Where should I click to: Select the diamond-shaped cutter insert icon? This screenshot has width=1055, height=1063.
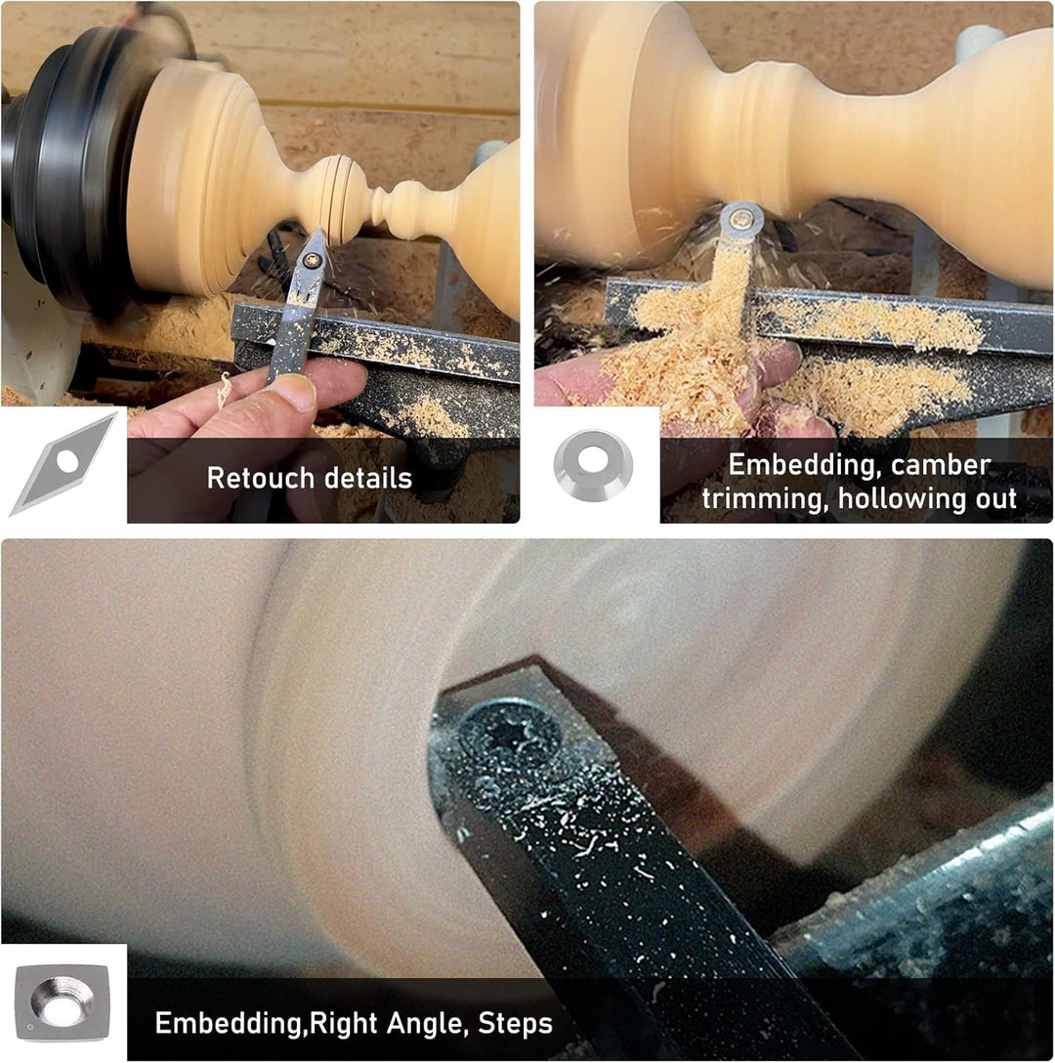pyautogui.click(x=63, y=464)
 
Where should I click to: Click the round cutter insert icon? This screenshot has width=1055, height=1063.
pyautogui.click(x=593, y=465)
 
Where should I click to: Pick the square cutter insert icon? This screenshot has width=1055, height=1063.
pyautogui.click(x=63, y=1002)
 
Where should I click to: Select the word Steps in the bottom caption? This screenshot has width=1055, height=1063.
pyautogui.click(x=516, y=1023)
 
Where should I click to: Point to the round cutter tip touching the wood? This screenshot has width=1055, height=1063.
pyautogui.click(x=741, y=220)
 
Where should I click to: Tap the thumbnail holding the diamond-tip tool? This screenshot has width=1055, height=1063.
pyautogui.click(x=294, y=391)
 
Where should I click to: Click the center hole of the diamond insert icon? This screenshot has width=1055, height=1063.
pyautogui.click(x=67, y=462)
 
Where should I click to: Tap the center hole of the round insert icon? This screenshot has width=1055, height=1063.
pyautogui.click(x=593, y=460)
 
